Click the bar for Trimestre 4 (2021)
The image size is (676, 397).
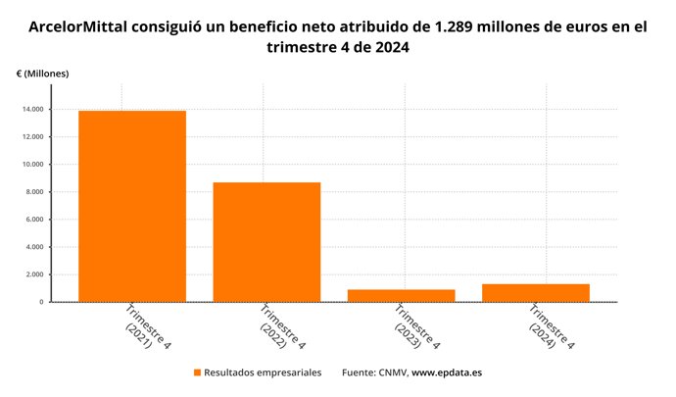132,206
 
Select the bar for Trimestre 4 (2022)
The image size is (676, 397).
266,242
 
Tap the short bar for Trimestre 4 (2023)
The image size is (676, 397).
402,295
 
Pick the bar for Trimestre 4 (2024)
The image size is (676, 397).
536,292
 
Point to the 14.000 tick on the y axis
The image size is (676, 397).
32,109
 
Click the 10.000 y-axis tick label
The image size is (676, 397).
32,164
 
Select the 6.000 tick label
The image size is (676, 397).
34,219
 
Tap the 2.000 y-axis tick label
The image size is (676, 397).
34,274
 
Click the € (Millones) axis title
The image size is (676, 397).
42,74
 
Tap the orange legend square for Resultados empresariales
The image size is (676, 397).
197,373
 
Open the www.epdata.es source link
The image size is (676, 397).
447,373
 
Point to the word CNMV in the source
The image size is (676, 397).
391,373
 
